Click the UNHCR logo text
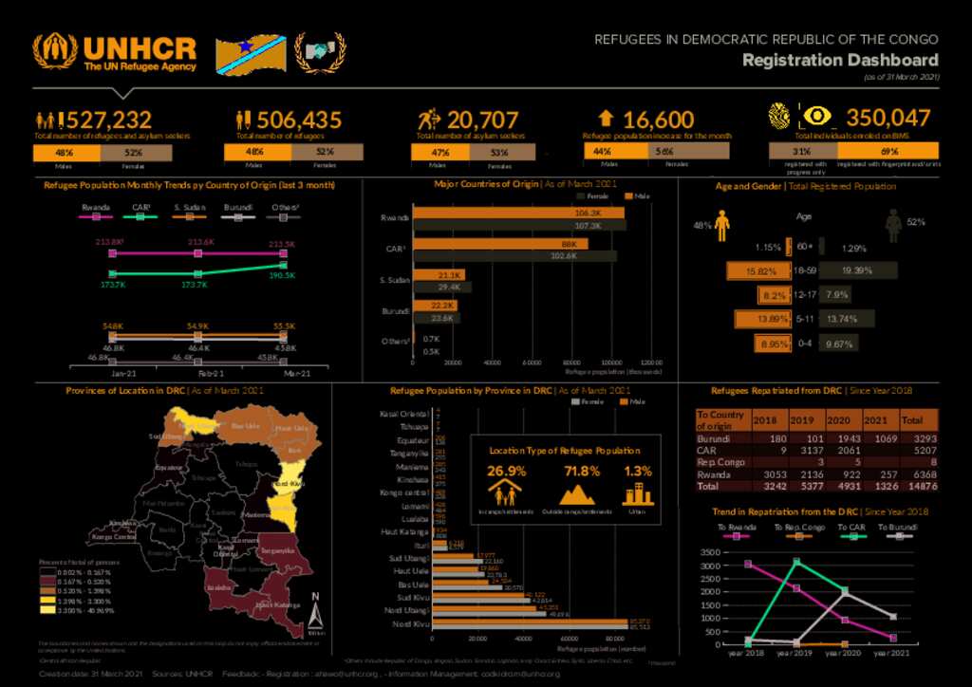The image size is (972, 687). pos(139,49)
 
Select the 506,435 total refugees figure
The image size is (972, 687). pos(299,120)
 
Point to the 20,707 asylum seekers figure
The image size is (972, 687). pos(483,120)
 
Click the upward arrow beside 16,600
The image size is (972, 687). pos(606,119)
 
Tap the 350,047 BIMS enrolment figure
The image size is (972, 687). pos(888,118)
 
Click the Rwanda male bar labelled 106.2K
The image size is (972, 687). pos(517,214)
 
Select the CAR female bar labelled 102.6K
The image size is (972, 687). pos(514,256)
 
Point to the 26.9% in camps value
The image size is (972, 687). pos(506,472)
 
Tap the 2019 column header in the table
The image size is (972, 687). pos(803,420)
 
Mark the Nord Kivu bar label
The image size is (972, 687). pos(412,624)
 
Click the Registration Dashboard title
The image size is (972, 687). pos(840,61)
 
